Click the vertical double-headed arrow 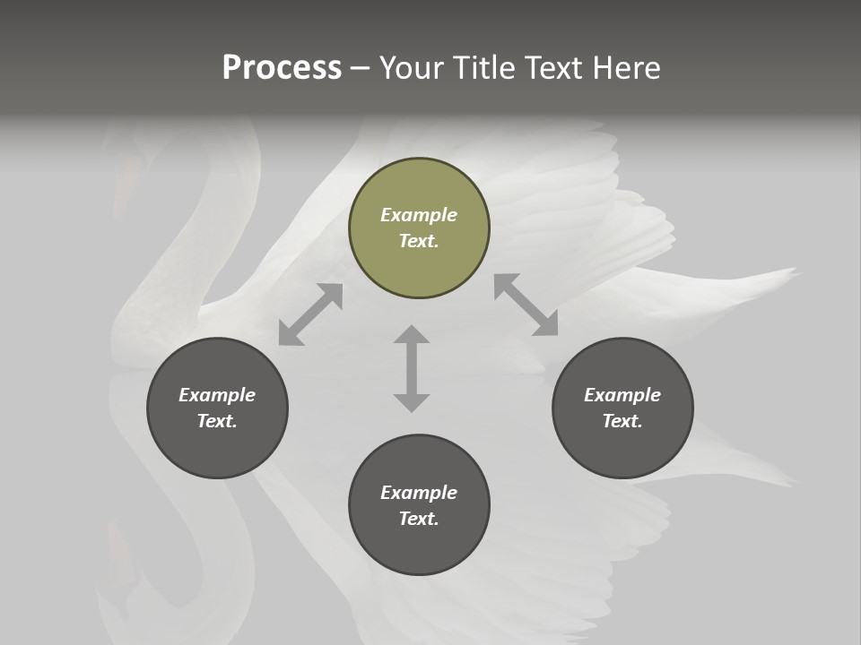(412, 368)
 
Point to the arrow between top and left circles (310, 314)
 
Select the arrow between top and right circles (526, 305)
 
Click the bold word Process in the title (282, 68)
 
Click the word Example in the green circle (419, 215)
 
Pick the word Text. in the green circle (419, 241)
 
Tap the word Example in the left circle (217, 395)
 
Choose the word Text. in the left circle (217, 421)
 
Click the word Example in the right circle (622, 395)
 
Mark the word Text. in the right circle (622, 421)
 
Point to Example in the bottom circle (419, 493)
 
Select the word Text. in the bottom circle (419, 519)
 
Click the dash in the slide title (360, 68)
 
